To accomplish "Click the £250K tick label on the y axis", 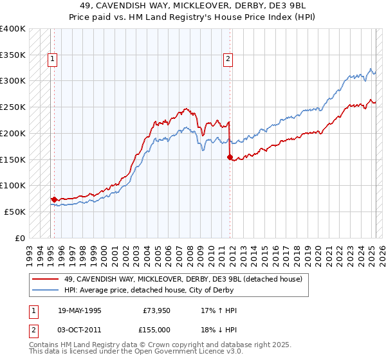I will [x=13, y=107].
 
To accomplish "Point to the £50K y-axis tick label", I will [x=15, y=212].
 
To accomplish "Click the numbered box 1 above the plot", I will [x=52, y=60].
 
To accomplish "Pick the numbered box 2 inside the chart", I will [x=228, y=60].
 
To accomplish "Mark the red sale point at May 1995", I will [x=54, y=199].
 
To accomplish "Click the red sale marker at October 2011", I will [x=230, y=156].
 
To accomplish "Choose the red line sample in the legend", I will [x=44, y=278].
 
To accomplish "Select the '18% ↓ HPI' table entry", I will [x=219, y=328].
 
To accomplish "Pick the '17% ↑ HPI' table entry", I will [x=219, y=310].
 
